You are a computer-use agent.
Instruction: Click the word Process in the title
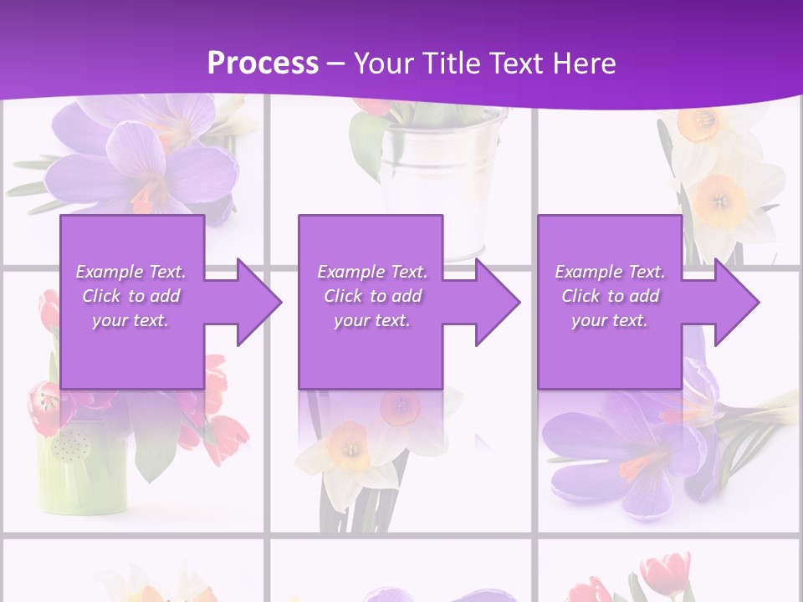(x=263, y=64)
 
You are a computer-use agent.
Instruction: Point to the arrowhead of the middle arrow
(x=496, y=302)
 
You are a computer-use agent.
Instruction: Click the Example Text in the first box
(x=130, y=272)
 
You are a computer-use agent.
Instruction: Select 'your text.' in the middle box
(x=371, y=320)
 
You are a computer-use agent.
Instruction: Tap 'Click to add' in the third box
(x=610, y=296)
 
